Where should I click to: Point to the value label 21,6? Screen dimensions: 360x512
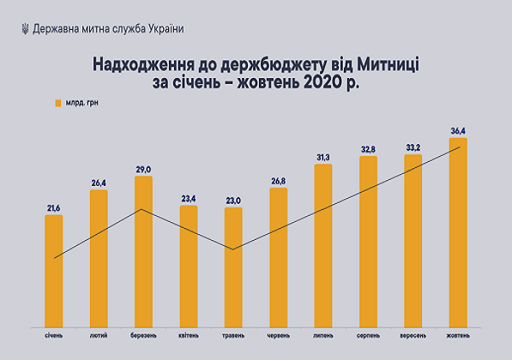(x=53, y=207)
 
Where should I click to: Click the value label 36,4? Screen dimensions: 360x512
(x=458, y=130)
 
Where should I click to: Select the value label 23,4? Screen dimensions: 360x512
(x=188, y=198)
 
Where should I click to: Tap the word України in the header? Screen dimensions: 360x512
(x=163, y=28)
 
